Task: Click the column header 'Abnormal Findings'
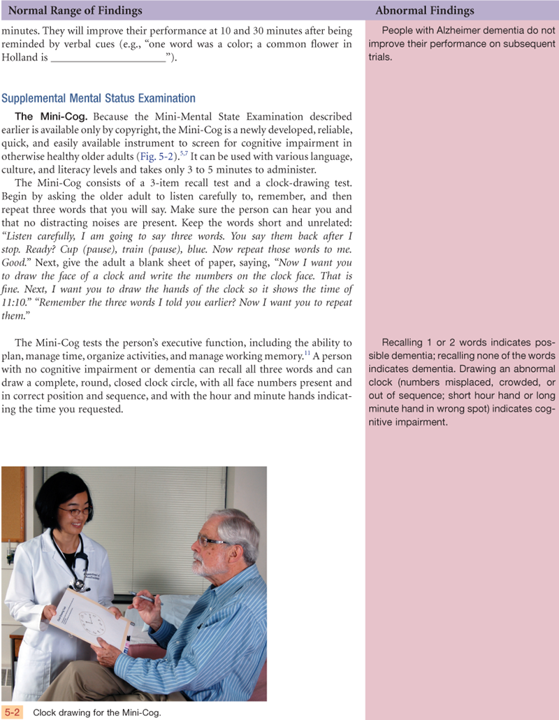[x=424, y=10]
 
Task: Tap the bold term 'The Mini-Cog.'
[x=52, y=117]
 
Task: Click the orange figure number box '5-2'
[x=13, y=712]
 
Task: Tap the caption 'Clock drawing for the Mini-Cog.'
[x=97, y=713]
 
